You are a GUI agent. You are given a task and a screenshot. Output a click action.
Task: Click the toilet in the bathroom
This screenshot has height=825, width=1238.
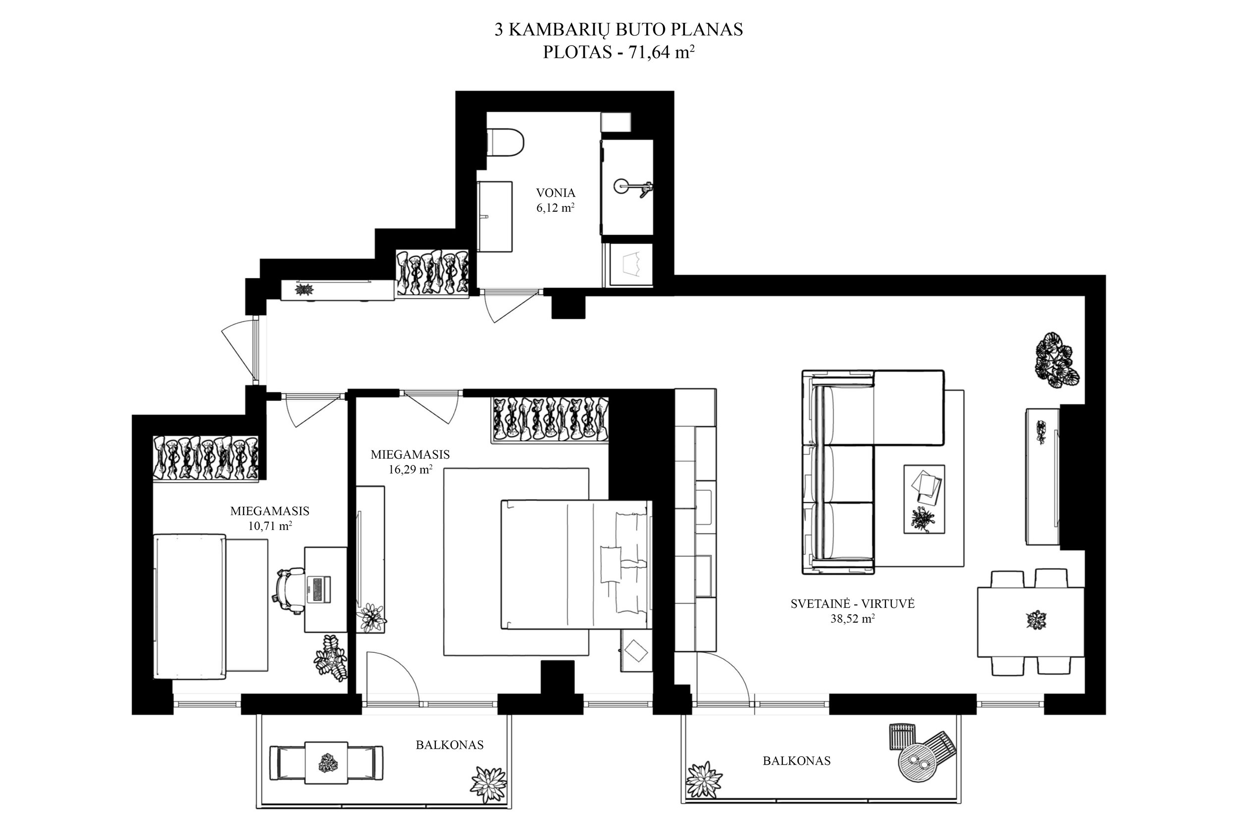tap(505, 143)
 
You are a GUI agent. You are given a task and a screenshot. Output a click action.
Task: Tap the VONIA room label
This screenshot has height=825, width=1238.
tap(555, 193)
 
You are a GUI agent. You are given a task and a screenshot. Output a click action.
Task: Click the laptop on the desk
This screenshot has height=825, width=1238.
tap(318, 589)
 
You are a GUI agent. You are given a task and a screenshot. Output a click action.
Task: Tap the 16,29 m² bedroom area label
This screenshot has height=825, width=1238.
tap(411, 469)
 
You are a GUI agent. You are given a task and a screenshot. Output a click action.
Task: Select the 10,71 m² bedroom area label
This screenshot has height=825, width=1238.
tap(270, 526)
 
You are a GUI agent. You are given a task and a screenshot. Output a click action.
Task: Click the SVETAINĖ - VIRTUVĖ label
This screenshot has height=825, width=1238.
tap(853, 604)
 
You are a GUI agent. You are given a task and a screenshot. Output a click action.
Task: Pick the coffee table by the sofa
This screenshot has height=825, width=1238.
tap(924, 499)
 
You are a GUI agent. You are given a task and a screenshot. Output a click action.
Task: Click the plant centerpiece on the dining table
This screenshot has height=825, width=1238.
tap(1036, 620)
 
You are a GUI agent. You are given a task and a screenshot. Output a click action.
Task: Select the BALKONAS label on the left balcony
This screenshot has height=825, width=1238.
tap(450, 745)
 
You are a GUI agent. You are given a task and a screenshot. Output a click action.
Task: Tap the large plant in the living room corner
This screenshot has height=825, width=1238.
tap(1057, 360)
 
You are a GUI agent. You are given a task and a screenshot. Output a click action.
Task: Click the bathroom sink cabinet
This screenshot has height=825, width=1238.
tap(495, 217)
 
